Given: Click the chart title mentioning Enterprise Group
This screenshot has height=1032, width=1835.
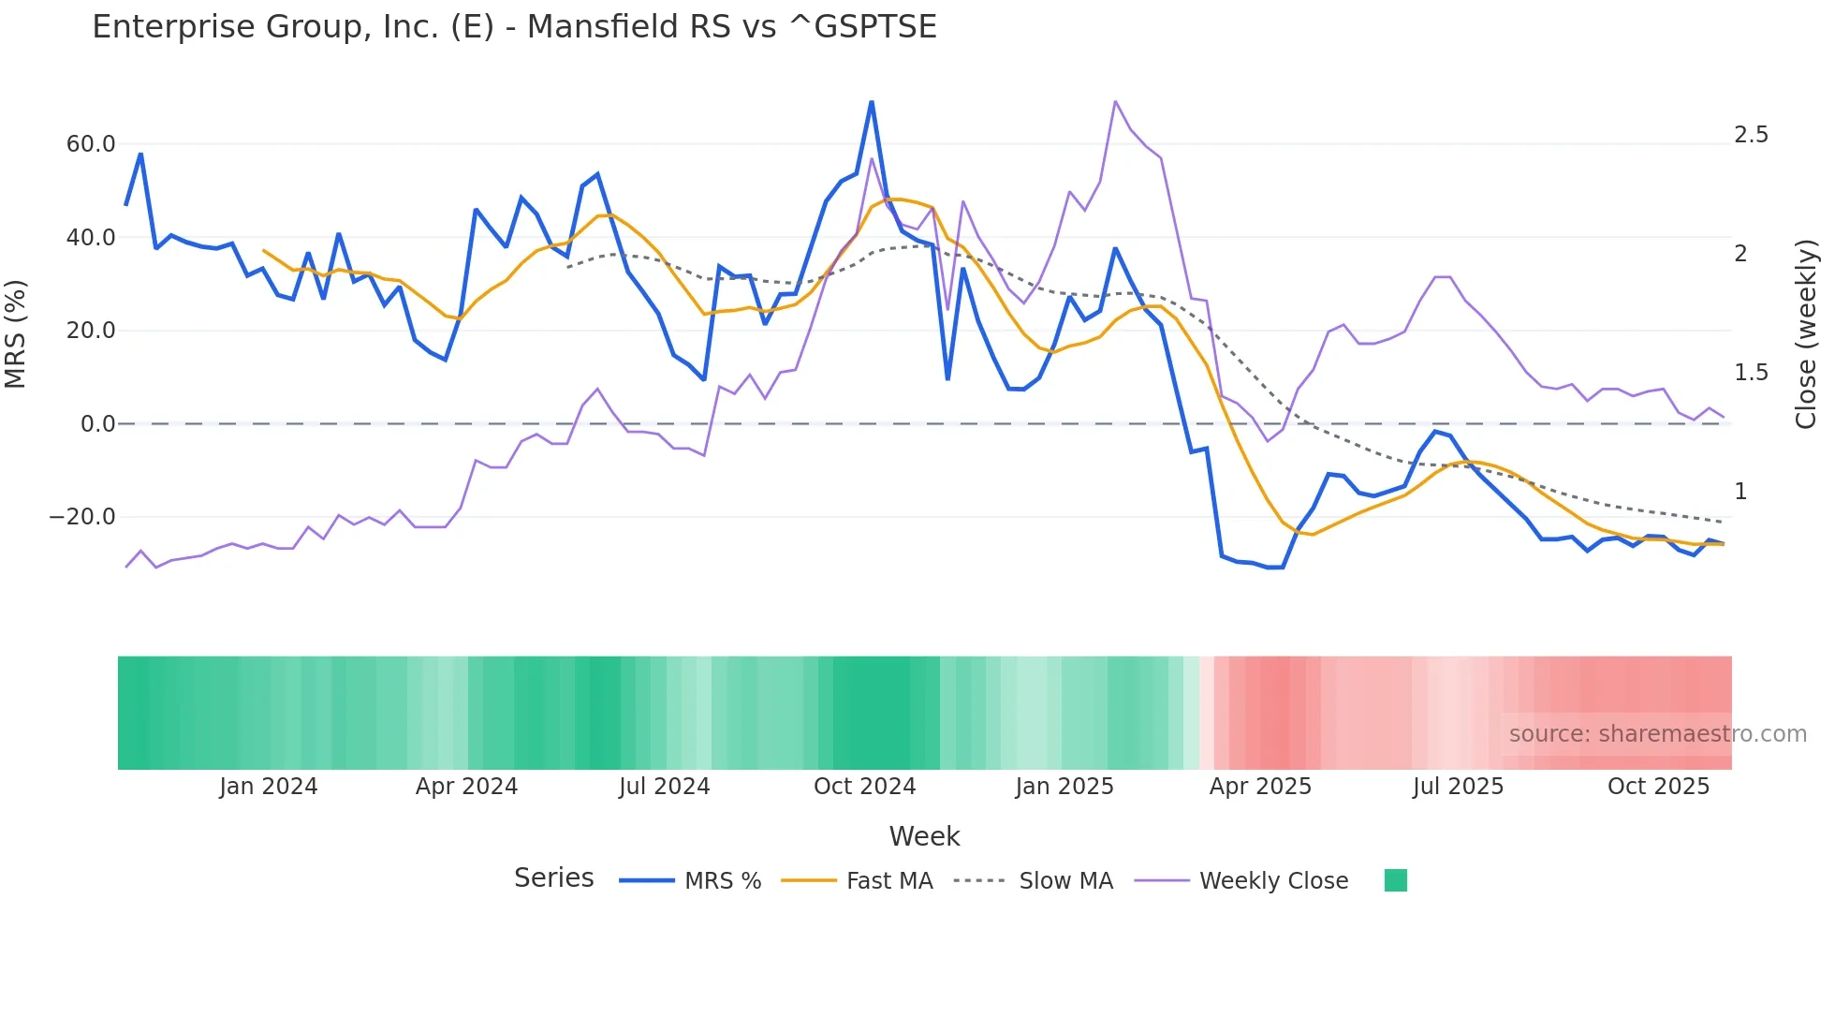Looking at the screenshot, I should click(514, 27).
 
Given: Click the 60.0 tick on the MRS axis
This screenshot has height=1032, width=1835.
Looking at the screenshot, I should click(91, 144).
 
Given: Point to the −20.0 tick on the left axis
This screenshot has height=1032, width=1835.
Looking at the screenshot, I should click(82, 517).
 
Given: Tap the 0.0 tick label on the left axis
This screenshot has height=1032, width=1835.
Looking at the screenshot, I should click(97, 424).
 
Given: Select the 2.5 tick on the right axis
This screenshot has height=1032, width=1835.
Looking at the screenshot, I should click(1751, 135).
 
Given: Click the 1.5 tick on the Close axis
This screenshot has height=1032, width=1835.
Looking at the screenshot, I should click(1751, 373).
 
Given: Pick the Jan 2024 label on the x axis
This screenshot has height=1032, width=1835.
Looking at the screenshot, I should click(269, 787).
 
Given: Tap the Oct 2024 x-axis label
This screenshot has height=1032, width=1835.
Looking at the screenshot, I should click(864, 787).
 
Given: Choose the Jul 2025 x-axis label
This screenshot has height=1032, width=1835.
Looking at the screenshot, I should click(1458, 787).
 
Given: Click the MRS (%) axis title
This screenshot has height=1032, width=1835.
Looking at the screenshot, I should click(16, 333).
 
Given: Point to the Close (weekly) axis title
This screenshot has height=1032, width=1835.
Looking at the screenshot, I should click(1806, 333).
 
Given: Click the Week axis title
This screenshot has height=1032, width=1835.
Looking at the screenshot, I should click(924, 836).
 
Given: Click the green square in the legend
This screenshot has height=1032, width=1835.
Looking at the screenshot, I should click(1395, 880).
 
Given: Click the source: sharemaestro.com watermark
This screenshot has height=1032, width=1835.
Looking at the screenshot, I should click(1657, 734).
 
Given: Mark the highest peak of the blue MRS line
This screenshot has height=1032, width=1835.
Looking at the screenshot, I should click(872, 102).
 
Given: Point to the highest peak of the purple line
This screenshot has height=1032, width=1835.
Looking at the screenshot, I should click(1115, 101).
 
